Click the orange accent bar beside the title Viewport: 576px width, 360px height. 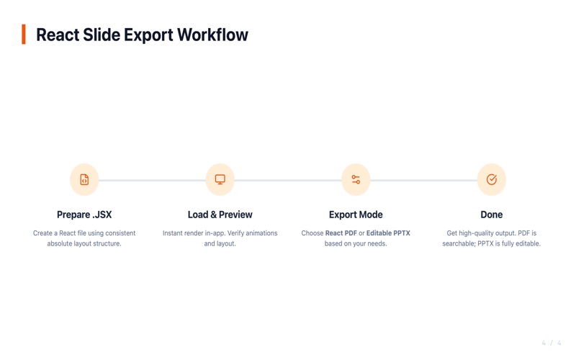(x=24, y=34)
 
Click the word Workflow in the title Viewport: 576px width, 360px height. (x=212, y=35)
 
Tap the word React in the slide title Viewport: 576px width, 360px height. (x=58, y=35)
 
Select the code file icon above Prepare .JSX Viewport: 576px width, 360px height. (x=84, y=179)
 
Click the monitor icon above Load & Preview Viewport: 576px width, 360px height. (x=220, y=179)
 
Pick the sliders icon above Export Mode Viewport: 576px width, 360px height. (x=356, y=179)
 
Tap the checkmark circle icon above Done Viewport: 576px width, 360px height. (x=492, y=179)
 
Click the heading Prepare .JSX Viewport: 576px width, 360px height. (x=84, y=215)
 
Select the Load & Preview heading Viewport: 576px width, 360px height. (x=220, y=215)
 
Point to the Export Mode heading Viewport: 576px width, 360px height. (x=356, y=215)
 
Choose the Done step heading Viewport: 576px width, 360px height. (x=492, y=215)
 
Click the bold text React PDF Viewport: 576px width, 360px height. (x=341, y=233)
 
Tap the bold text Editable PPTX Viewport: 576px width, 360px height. (x=388, y=233)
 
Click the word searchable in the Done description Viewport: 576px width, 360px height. (x=459, y=243)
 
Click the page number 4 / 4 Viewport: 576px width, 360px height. (x=552, y=343)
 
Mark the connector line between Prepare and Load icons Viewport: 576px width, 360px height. (x=152, y=181)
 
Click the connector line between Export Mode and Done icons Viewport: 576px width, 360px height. (x=423, y=181)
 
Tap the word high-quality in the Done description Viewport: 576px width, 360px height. (x=479, y=233)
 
